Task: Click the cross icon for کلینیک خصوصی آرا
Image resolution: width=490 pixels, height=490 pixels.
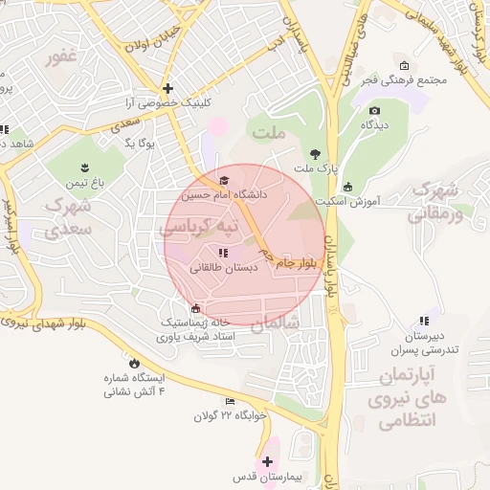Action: (167, 87)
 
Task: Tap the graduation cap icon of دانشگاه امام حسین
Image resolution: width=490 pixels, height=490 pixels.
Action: (225, 180)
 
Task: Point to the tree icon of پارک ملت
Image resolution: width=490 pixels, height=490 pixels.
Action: (315, 153)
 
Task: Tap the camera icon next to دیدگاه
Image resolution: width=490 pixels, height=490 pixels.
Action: (373, 108)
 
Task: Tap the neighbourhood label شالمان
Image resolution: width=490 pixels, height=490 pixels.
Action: (276, 323)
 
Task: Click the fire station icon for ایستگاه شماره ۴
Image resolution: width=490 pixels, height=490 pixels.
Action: (133, 364)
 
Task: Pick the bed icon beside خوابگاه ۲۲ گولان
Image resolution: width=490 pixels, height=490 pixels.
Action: (229, 401)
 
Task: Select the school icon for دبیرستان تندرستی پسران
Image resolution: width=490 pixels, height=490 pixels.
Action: (423, 322)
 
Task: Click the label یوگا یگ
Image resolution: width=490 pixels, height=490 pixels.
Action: (140, 143)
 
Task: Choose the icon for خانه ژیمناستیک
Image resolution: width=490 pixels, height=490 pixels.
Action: (196, 308)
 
